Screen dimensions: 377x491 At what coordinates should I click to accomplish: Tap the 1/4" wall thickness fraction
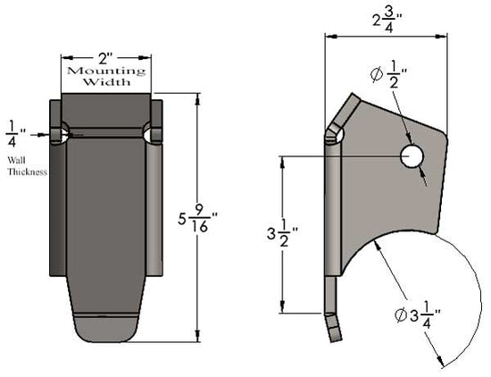pos(12,134)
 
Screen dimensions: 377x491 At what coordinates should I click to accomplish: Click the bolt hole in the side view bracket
pos(412,157)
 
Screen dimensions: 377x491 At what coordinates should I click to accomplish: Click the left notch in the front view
pos(60,135)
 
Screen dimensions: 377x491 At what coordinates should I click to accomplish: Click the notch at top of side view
pos(334,134)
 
